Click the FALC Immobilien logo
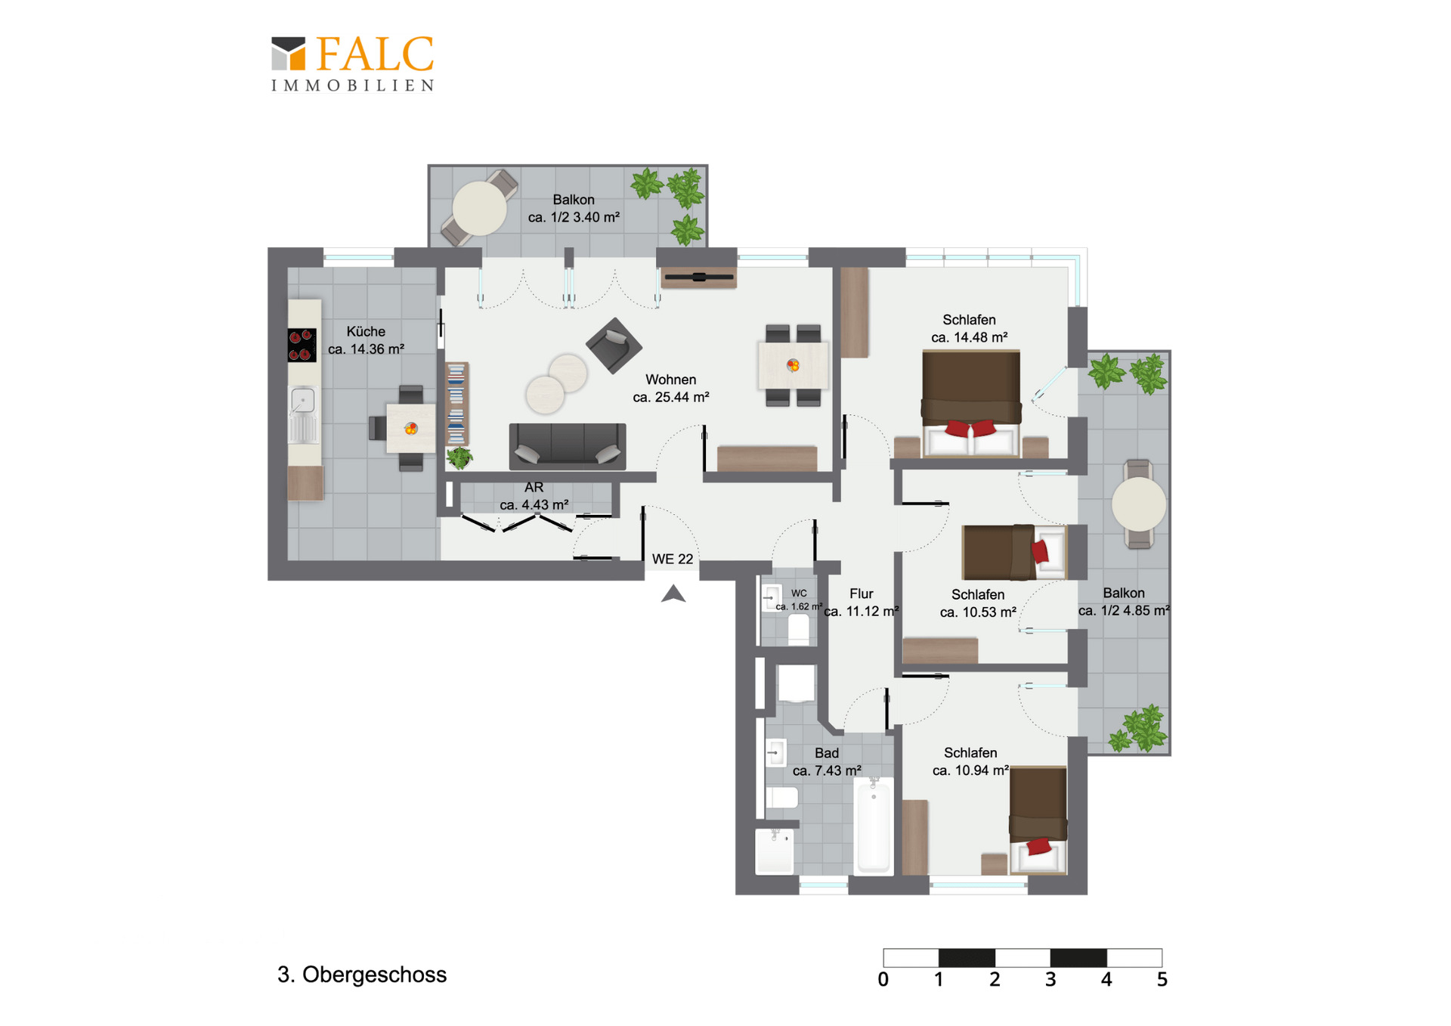(353, 64)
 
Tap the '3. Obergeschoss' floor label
(362, 975)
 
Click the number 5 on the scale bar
(1162, 980)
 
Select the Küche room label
(366, 331)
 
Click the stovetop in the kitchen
(302, 345)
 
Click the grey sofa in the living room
(568, 446)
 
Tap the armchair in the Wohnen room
(614, 346)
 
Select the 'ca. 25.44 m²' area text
(671, 397)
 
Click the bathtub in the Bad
(874, 826)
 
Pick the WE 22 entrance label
(673, 559)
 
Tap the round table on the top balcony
(480, 208)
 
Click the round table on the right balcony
(1139, 504)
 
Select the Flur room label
(862, 594)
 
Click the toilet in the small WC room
(799, 629)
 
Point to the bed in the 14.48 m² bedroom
(971, 404)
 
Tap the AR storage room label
(534, 487)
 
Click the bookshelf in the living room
(456, 403)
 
